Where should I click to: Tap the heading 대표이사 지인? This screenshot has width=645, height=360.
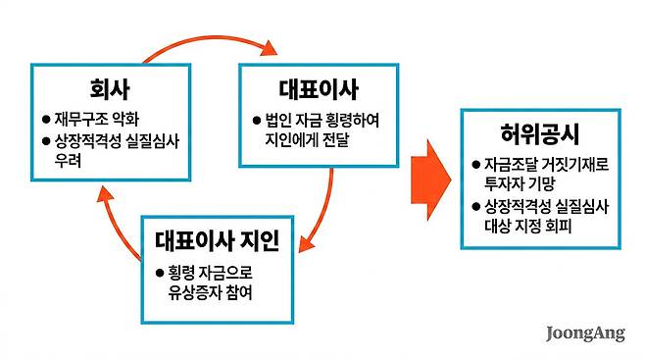tap(217, 238)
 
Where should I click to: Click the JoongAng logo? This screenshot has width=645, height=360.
tap(585, 334)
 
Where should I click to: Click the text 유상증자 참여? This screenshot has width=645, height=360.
tap(211, 290)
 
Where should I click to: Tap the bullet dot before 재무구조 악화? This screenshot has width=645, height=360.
tap(45, 120)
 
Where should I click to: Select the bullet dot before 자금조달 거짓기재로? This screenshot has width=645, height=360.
tap(475, 165)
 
